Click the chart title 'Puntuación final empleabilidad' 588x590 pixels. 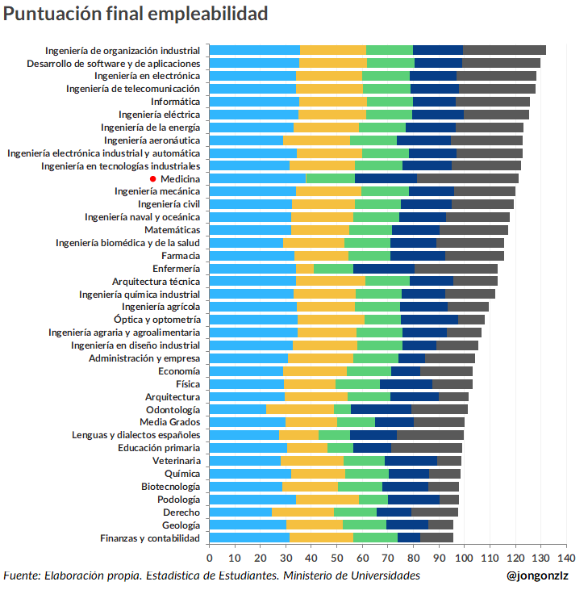136,14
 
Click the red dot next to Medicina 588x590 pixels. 153,178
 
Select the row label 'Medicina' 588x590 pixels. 180,178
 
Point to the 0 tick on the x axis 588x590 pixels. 210,558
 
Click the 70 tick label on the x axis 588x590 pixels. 388,558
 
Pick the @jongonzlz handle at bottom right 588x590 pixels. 537,575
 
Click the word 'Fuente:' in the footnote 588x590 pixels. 22,575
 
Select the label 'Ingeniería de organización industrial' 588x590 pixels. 123,50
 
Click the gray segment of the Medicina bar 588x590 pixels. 468,178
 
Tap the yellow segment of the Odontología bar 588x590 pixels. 299,409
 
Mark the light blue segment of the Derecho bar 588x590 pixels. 240,512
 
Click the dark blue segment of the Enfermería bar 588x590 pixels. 384,268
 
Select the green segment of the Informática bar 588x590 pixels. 390,102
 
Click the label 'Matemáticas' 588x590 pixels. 172,229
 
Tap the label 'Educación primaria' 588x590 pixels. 159,447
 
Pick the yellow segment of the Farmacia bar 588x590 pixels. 321,255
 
